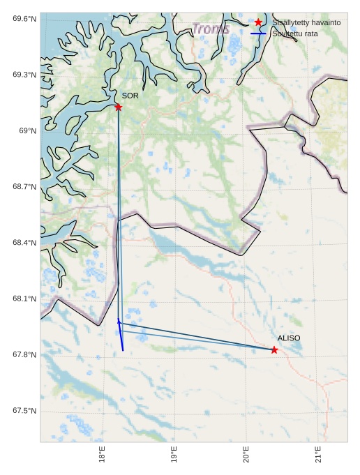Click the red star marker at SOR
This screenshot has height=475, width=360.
point(118,107)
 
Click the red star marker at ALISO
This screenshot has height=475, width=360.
point(274,349)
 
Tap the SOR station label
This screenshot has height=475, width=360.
point(130,96)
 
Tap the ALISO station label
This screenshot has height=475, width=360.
point(289,338)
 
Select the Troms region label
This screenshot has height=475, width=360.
point(211,29)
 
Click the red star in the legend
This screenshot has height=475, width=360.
point(258,22)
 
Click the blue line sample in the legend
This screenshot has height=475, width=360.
point(258,33)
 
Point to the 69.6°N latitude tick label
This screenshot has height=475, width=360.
point(24,18)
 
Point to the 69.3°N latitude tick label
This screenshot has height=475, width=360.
point(24,75)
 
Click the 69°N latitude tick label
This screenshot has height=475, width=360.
point(27,130)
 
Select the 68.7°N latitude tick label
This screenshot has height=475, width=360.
point(24,187)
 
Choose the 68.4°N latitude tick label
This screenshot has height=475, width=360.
point(24,243)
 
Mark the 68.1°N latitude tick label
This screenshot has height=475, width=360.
point(24,299)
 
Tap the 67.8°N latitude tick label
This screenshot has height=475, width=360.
point(24,355)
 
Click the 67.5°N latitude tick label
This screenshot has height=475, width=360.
point(24,411)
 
